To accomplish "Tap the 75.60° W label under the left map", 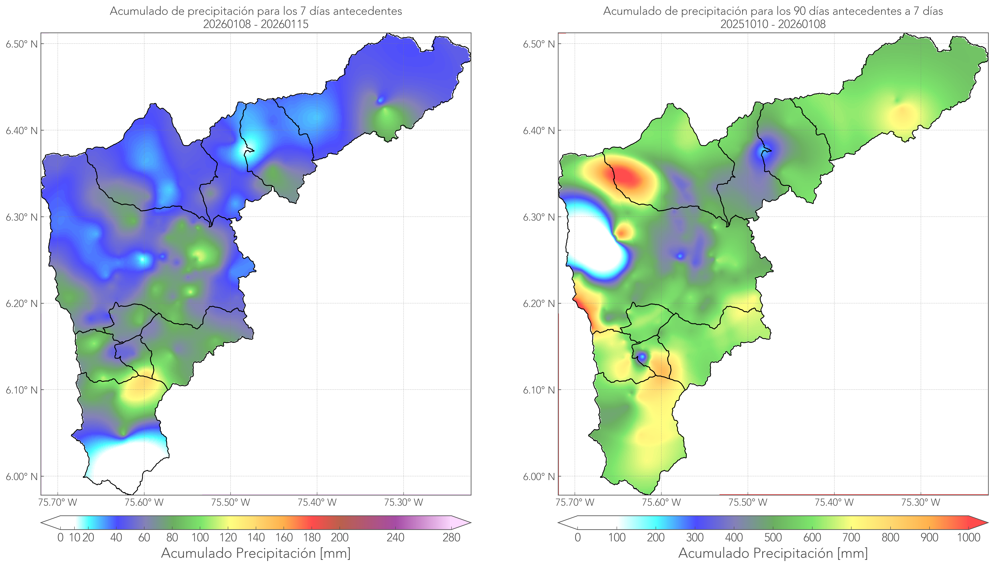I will [x=144, y=502].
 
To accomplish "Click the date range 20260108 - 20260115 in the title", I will [x=256, y=24].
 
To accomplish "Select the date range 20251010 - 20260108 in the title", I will [x=773, y=24].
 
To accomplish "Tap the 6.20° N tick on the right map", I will [x=539, y=303].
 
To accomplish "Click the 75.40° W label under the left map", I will [x=317, y=502].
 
